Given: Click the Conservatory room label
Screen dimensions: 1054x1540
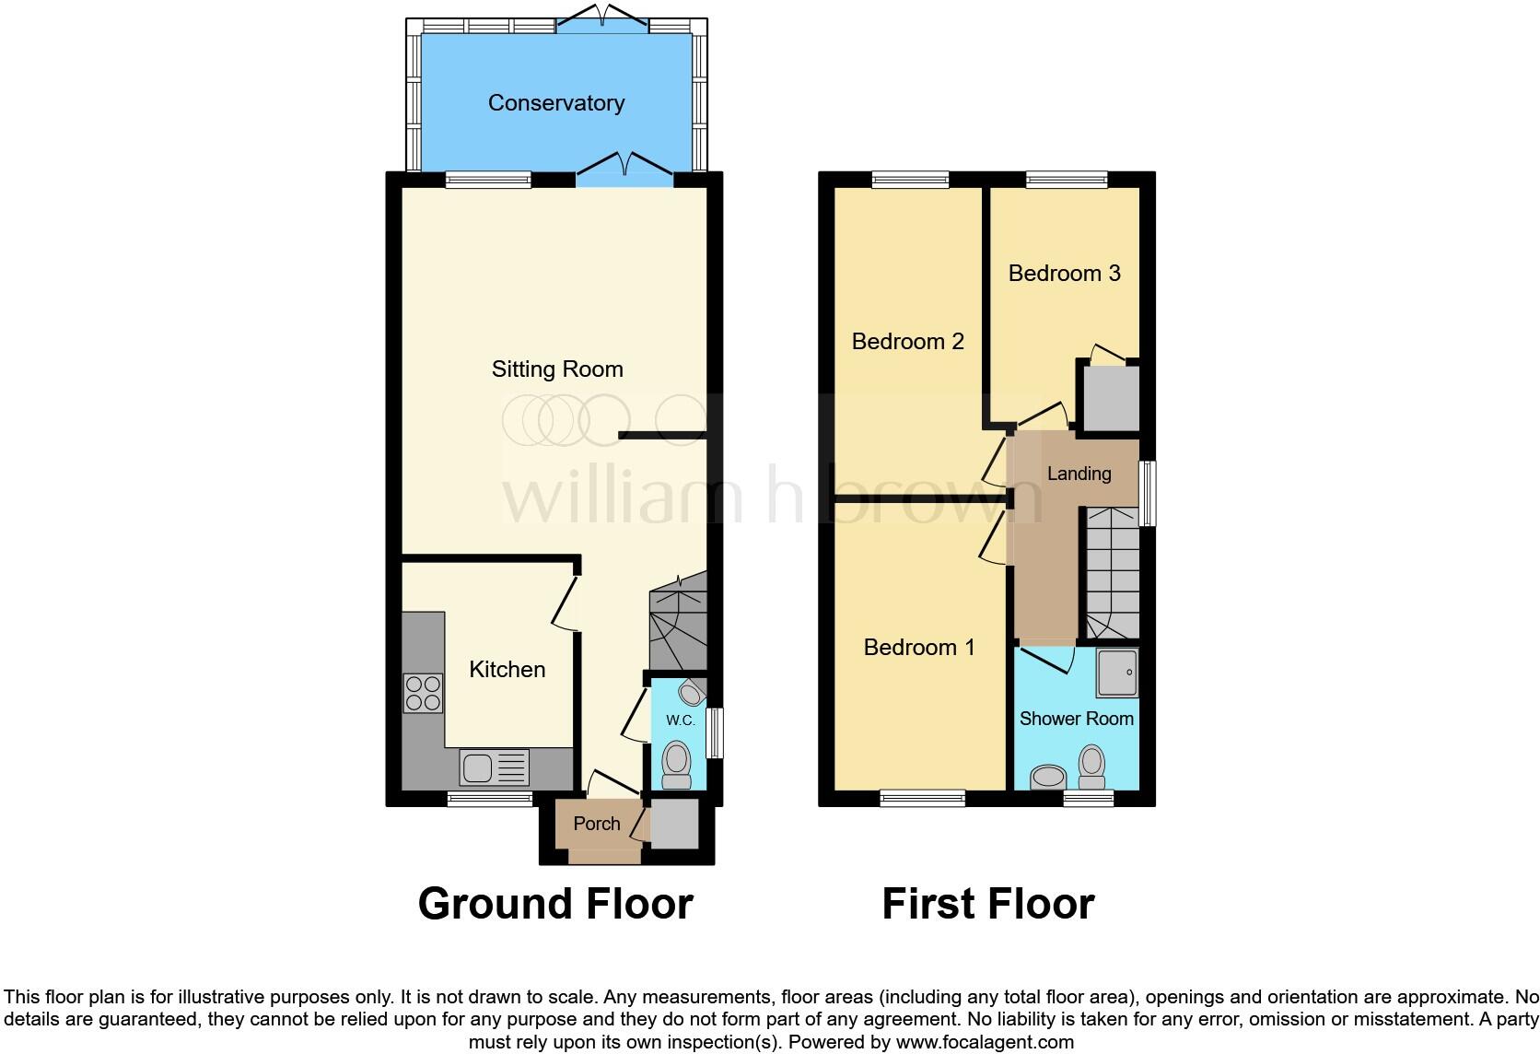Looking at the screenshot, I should coord(555,103).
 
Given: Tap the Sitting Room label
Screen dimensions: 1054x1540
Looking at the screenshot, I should coord(557,369).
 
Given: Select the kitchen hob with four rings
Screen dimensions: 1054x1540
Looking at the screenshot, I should coord(423,694).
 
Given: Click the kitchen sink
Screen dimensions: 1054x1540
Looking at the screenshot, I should coord(478,767).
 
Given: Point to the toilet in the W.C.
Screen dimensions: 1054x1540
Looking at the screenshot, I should coord(677,766).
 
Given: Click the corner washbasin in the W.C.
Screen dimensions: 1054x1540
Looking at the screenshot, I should coord(692,691).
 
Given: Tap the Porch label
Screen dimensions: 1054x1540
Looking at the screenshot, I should coord(597,824).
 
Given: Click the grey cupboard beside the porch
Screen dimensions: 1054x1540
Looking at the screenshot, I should coord(674,825).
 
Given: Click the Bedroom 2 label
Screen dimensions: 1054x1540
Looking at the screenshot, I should coord(907,342).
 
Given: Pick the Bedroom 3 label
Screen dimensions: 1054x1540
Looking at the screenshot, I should coord(1064,274).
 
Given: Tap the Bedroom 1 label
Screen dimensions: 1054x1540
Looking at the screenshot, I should coord(918,648).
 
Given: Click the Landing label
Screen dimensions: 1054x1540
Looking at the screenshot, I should coord(1079,474).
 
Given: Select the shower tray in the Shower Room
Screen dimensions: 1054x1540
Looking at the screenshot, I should coord(1117,673).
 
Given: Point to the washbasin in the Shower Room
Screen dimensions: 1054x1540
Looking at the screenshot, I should coord(1048,777).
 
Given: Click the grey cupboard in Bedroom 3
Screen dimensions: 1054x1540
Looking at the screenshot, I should coord(1110,398).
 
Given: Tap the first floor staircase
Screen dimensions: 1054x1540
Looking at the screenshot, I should coord(1110,573).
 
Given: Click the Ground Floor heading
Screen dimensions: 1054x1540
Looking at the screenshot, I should coord(555,904).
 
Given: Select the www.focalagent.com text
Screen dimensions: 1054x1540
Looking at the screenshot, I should coord(984,1043).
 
